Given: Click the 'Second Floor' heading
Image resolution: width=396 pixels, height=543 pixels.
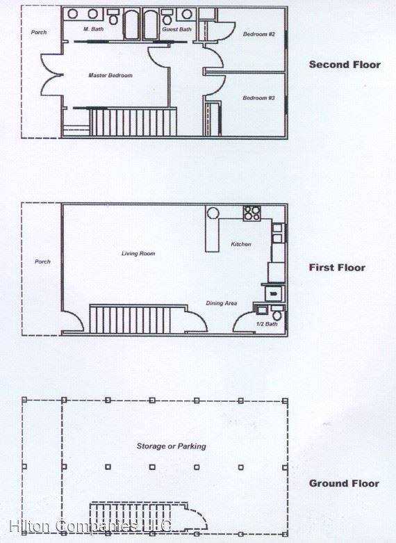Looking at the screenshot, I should click(x=345, y=65).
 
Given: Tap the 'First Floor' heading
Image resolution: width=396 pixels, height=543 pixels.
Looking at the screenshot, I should click(x=337, y=268).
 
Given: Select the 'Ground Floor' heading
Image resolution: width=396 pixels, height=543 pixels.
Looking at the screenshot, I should click(x=344, y=483).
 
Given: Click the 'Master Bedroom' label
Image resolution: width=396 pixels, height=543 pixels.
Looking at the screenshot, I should click(x=110, y=75).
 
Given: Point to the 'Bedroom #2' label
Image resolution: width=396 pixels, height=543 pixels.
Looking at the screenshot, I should click(x=258, y=34).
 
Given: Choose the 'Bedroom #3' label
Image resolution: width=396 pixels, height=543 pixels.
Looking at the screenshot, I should click(x=258, y=98).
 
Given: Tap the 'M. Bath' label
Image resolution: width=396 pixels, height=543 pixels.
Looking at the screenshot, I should click(x=93, y=29).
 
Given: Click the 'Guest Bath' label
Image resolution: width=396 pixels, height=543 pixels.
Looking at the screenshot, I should click(x=176, y=29).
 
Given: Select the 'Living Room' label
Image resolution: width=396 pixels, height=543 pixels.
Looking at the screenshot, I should click(x=138, y=254).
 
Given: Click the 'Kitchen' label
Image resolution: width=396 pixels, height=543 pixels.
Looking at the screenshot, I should click(x=241, y=245).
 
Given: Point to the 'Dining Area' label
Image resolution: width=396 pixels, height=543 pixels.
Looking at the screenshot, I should click(x=222, y=303).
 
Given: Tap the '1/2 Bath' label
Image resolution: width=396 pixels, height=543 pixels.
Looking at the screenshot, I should click(x=267, y=324).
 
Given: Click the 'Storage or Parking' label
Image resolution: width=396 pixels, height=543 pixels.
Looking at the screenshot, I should click(x=172, y=446).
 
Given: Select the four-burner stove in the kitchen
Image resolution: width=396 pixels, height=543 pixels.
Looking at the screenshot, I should click(x=251, y=213).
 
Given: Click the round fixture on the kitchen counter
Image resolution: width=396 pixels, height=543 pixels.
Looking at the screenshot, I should click(x=214, y=213).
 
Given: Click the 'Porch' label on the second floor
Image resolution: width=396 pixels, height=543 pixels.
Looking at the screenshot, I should click(x=39, y=32).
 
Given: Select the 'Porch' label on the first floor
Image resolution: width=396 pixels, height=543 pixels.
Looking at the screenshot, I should click(x=42, y=262).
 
